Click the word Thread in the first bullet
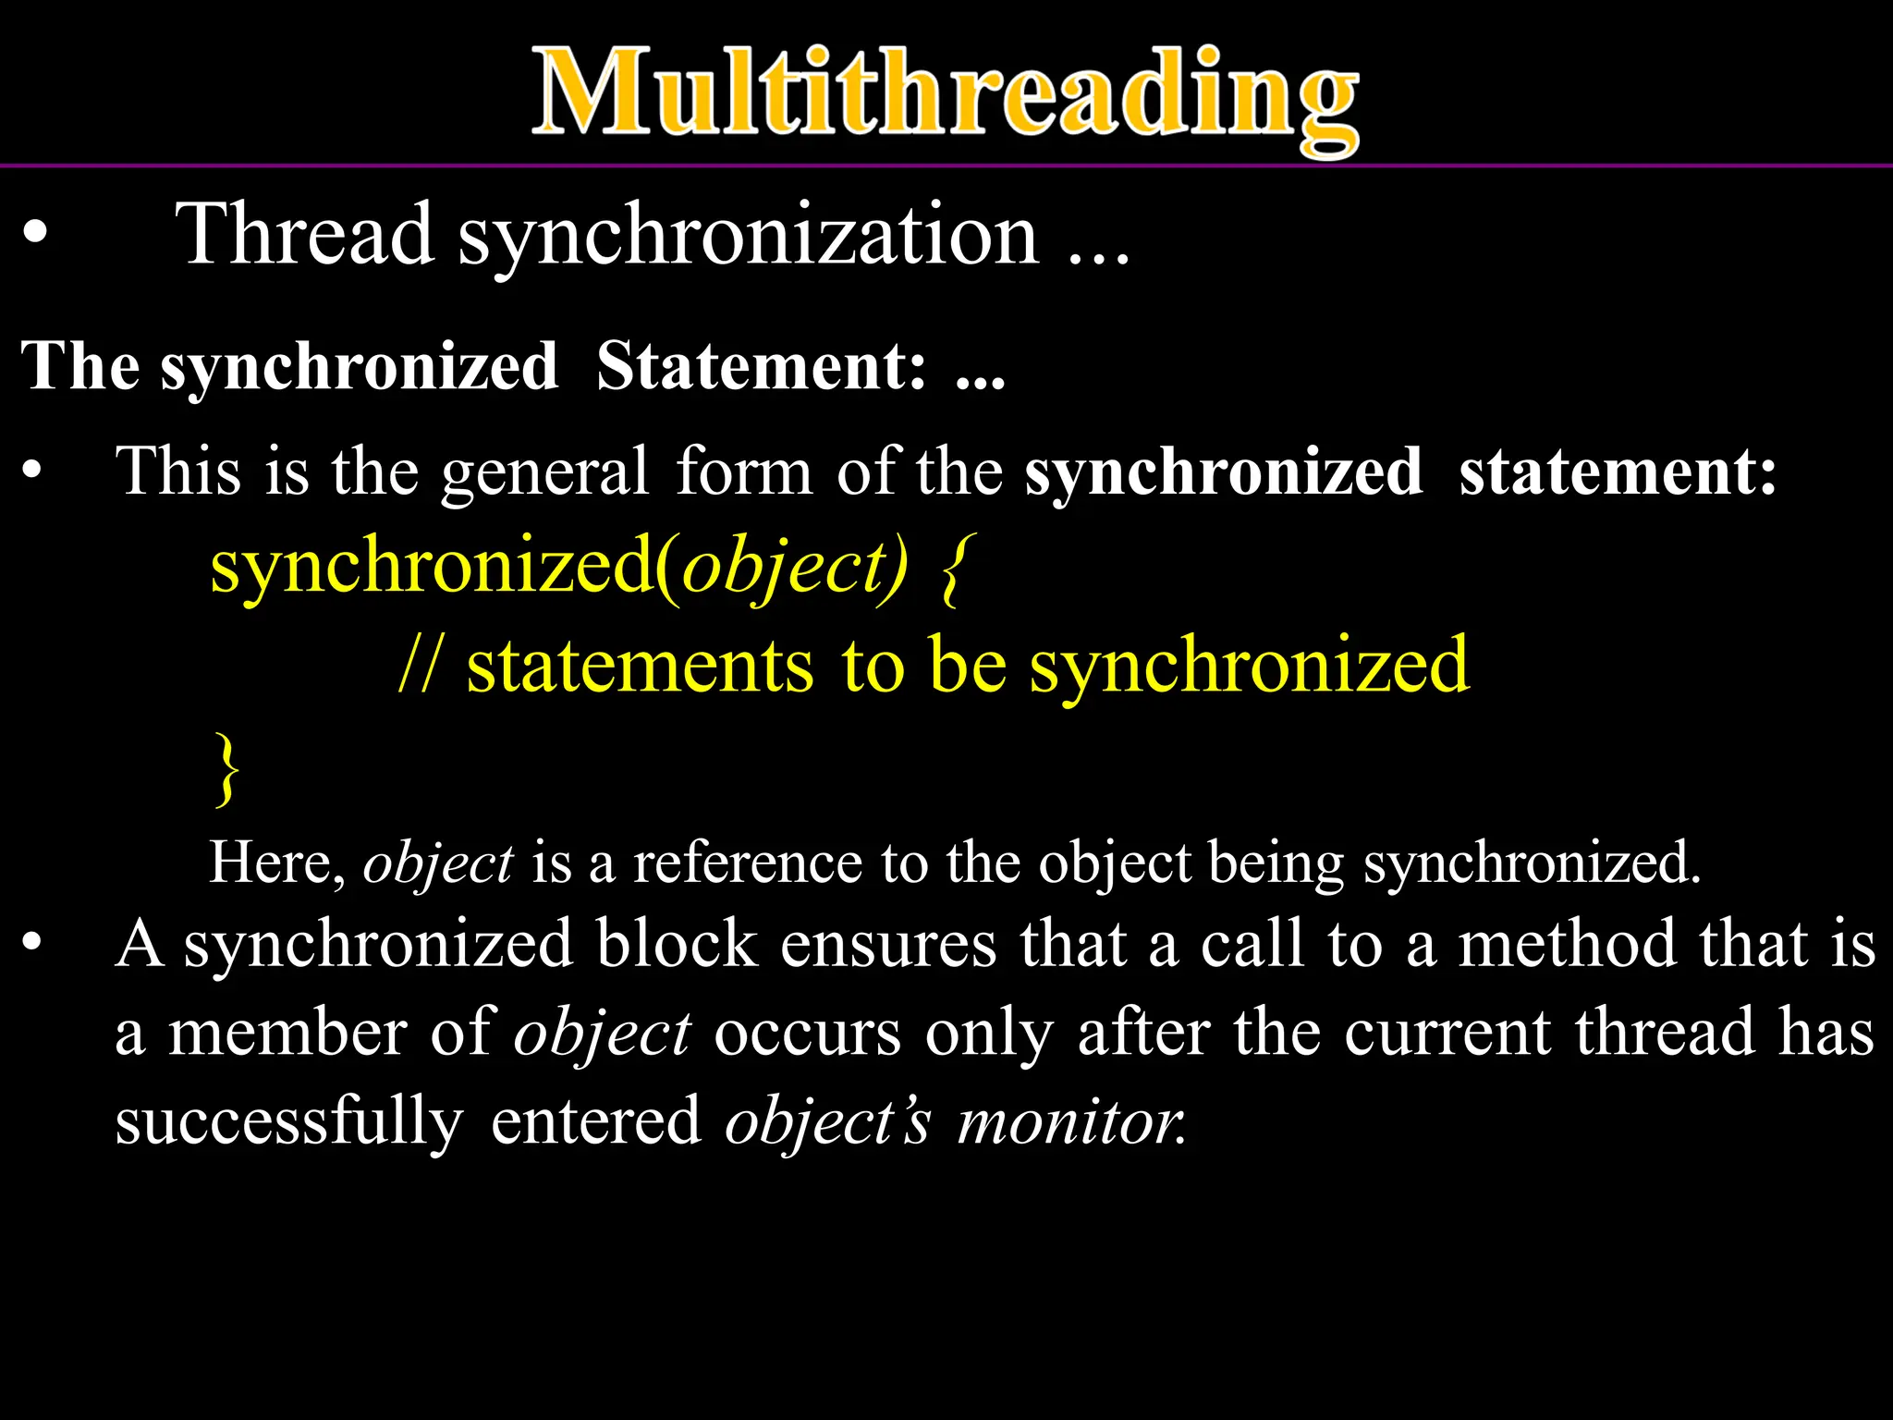[305, 235]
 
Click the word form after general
[744, 471]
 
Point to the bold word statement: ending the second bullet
[1617, 471]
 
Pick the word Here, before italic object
[276, 863]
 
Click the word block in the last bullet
[677, 945]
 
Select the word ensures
[888, 945]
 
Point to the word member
[287, 1033]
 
